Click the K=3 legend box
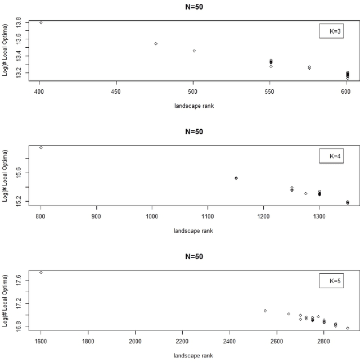[331, 31]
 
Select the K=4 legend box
[331, 156]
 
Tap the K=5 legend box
[331, 280]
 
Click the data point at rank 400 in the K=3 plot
[41, 23]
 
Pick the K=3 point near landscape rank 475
[156, 44]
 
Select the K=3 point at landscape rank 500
[194, 51]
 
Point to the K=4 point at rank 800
[41, 148]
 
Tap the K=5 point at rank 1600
[41, 273]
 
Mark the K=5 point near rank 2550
[265, 311]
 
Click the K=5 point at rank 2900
[348, 328]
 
